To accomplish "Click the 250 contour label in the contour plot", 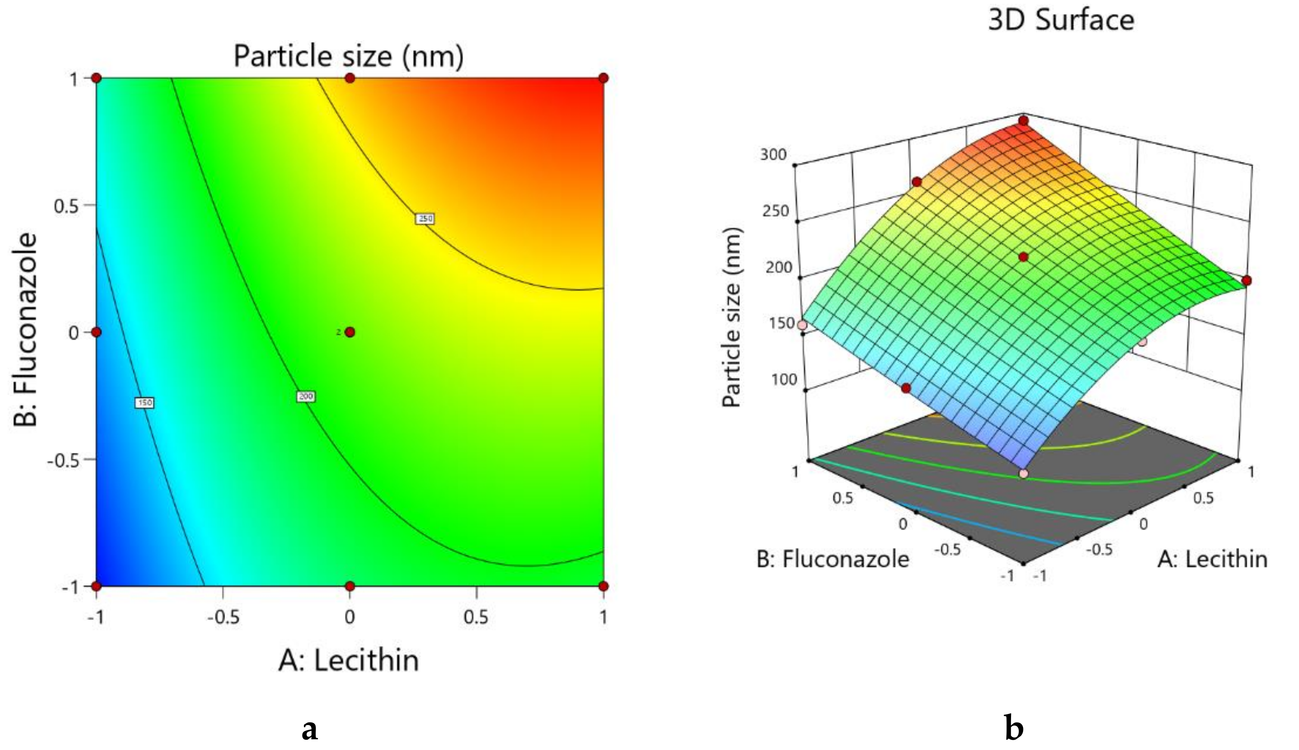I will (425, 219).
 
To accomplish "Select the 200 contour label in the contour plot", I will (306, 396).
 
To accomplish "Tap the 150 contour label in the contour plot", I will (144, 402).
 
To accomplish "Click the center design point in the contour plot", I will (350, 332).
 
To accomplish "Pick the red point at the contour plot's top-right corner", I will (603, 78).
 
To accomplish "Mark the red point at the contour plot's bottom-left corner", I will (96, 586).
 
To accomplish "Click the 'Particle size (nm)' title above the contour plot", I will (349, 55).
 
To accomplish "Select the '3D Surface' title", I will (1061, 21).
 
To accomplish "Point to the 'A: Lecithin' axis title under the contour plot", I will (349, 661).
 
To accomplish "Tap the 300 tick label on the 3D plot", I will (773, 154).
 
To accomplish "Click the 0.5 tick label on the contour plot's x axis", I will (476, 617).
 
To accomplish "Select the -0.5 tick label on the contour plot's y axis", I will (65, 460).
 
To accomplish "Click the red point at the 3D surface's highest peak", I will (1023, 121).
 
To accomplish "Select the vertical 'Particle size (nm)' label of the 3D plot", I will (731, 318).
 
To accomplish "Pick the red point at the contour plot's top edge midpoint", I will (350, 78).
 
